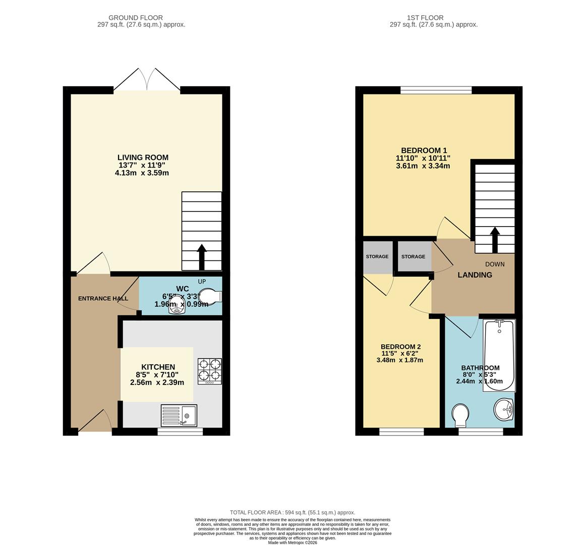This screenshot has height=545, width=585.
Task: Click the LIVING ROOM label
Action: click(143, 157)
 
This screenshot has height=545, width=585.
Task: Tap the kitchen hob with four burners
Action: click(210, 371)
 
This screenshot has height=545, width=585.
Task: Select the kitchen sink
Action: click(179, 416)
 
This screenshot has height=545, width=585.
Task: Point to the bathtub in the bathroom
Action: click(499, 355)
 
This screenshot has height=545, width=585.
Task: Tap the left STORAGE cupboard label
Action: click(377, 256)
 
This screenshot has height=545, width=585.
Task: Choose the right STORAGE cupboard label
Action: click(413, 256)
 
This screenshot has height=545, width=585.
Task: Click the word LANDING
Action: click(475, 275)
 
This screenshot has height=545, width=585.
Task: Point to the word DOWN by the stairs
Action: click(495, 264)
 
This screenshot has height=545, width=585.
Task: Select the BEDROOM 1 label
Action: click(424, 150)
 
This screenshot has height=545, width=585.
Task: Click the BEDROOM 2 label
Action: click(400, 347)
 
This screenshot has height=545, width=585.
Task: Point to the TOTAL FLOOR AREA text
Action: click(292, 512)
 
